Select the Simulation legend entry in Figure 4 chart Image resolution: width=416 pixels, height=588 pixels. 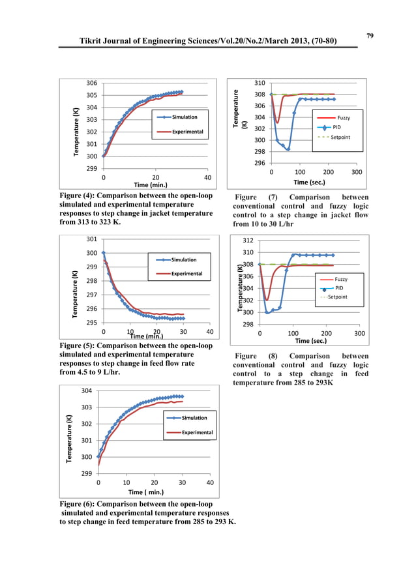pos(184,117)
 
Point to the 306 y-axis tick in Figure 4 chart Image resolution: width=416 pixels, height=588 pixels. pos(93,83)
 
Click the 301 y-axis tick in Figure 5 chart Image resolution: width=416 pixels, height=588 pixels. pos(93,239)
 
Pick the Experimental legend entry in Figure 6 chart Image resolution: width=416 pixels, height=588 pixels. pos(197,432)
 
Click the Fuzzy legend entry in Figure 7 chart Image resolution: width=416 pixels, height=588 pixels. pos(344,117)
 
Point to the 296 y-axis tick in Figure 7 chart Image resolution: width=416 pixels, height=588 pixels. pos(260,163)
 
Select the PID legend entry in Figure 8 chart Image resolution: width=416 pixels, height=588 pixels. pos(338,288)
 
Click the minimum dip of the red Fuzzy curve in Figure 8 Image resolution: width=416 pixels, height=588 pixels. pos(267,300)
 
